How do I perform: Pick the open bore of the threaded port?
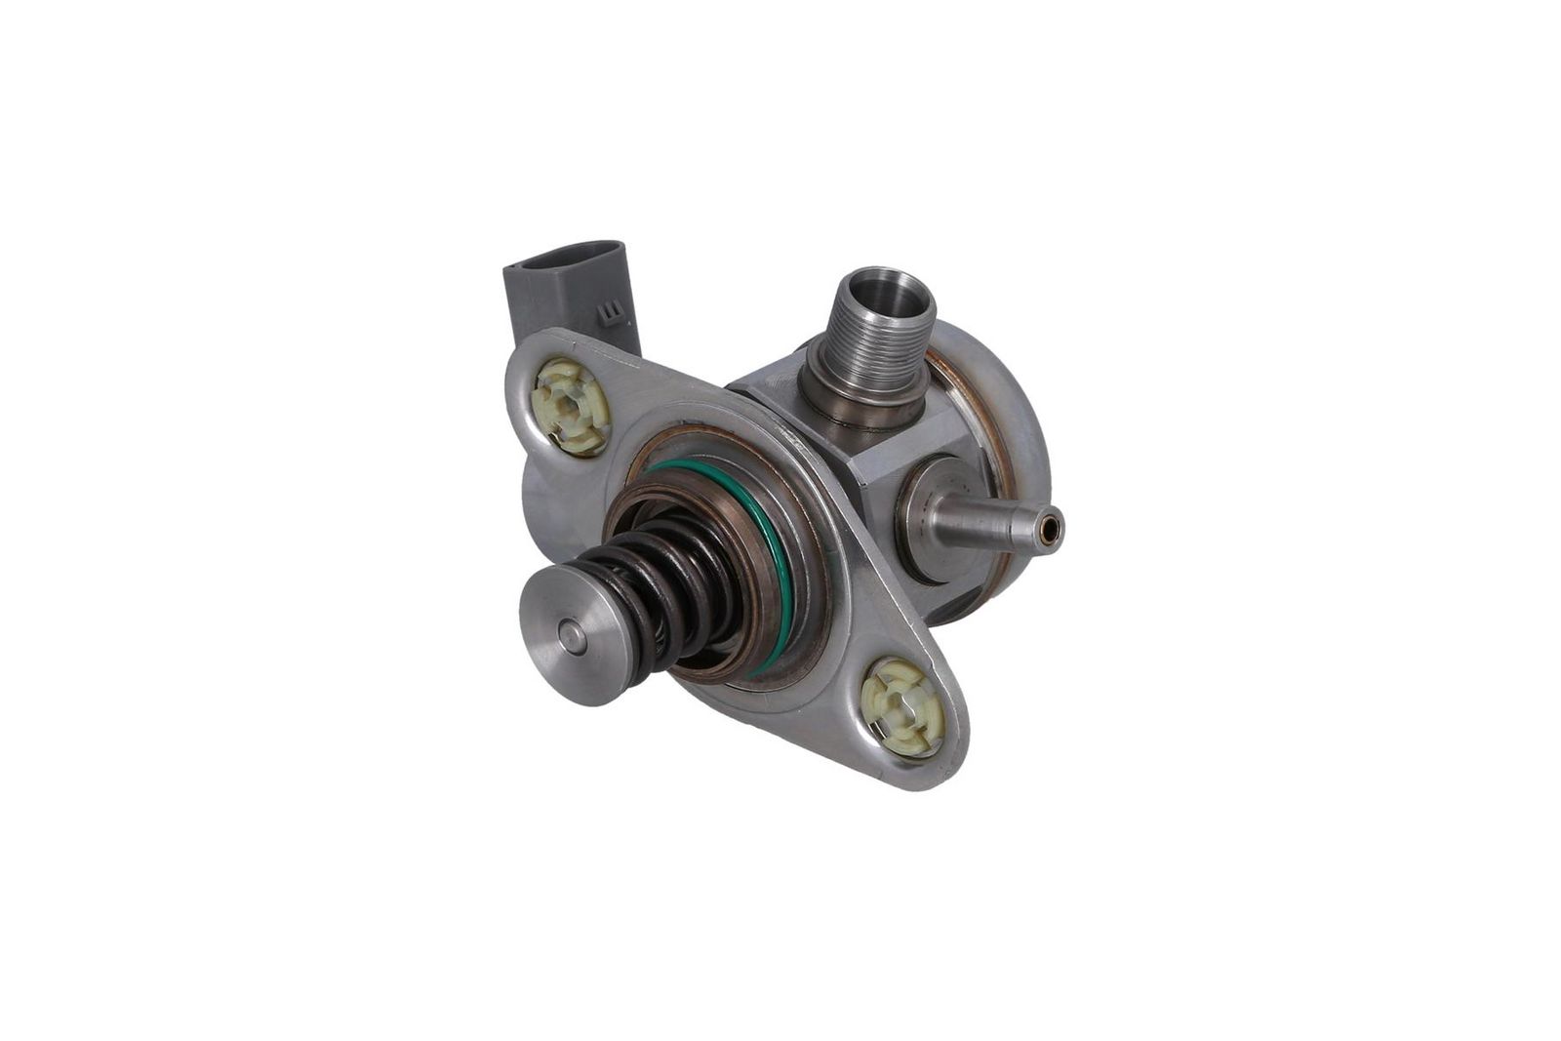(x=885, y=292)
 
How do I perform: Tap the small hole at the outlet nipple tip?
(x=1049, y=530)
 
